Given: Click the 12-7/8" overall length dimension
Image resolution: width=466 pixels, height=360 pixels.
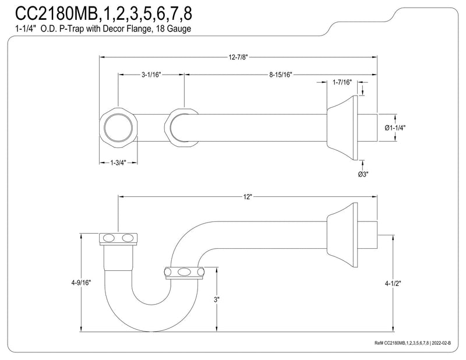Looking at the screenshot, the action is coord(238,57).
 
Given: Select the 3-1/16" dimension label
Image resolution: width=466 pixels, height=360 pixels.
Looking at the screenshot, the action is coord(151,75).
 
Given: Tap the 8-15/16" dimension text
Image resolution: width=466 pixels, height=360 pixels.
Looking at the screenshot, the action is coord(281,75).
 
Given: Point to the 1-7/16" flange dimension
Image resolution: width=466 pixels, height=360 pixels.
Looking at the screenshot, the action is coord(342,82).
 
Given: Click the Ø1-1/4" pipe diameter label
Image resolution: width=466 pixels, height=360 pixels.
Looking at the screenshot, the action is coord(395,128).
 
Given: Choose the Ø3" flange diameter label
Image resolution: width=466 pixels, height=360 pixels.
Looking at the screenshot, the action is coord(363,174).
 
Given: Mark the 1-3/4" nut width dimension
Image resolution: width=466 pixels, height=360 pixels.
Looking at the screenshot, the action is coord(118,163).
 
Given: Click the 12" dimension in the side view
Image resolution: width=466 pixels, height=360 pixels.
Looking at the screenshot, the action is coord(247,197).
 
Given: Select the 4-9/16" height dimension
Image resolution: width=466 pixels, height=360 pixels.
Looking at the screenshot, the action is coord(81,283).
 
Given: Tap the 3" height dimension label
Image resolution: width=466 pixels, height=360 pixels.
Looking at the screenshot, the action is coord(216,299).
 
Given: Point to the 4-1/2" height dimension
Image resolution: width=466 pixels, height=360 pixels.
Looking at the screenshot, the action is coord(393,284).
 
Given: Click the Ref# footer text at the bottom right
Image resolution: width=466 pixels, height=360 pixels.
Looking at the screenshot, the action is coord(412,343).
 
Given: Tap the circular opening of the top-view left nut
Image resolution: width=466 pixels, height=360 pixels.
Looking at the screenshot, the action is coord(118,128).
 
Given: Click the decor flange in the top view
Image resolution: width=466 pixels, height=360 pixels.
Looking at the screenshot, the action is coord(343,128).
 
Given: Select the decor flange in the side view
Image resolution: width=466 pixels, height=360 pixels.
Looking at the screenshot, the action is coord(343,235).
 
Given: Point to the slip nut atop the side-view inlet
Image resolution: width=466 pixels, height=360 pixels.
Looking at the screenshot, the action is coord(118,239).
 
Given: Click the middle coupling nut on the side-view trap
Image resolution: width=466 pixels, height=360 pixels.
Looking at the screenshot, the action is coord(185,273).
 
